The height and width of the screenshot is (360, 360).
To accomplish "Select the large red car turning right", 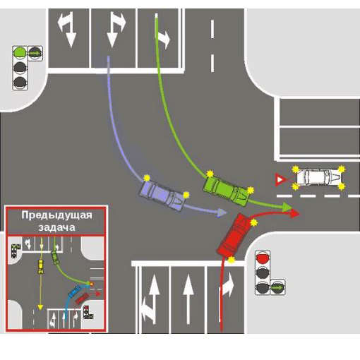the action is [234, 235].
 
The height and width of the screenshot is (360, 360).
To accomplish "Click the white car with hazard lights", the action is [318, 177].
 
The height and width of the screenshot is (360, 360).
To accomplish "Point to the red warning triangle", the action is [280, 180].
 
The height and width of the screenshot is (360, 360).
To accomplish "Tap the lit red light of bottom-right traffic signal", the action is [263, 258].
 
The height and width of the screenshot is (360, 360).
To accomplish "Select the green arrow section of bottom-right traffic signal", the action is [277, 287].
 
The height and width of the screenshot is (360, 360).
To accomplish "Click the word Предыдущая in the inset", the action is [56, 215].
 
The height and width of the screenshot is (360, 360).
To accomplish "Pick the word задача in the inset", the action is [56, 227].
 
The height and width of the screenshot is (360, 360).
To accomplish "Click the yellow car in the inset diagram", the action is [41, 267].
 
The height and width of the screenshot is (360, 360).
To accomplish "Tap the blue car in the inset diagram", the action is [74, 291].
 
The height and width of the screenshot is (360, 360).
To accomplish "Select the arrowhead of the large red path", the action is [294, 214].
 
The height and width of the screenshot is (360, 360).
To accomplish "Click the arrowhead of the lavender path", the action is [222, 212].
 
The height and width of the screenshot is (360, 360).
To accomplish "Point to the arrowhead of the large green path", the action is [287, 207].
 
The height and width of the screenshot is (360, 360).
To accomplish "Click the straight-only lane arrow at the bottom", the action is [188, 299].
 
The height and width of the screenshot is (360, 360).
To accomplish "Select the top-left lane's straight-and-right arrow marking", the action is [68, 30].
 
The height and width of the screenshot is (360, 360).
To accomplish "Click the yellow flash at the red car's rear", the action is [232, 260].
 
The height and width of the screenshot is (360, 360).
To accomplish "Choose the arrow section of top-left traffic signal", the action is [35, 54].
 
